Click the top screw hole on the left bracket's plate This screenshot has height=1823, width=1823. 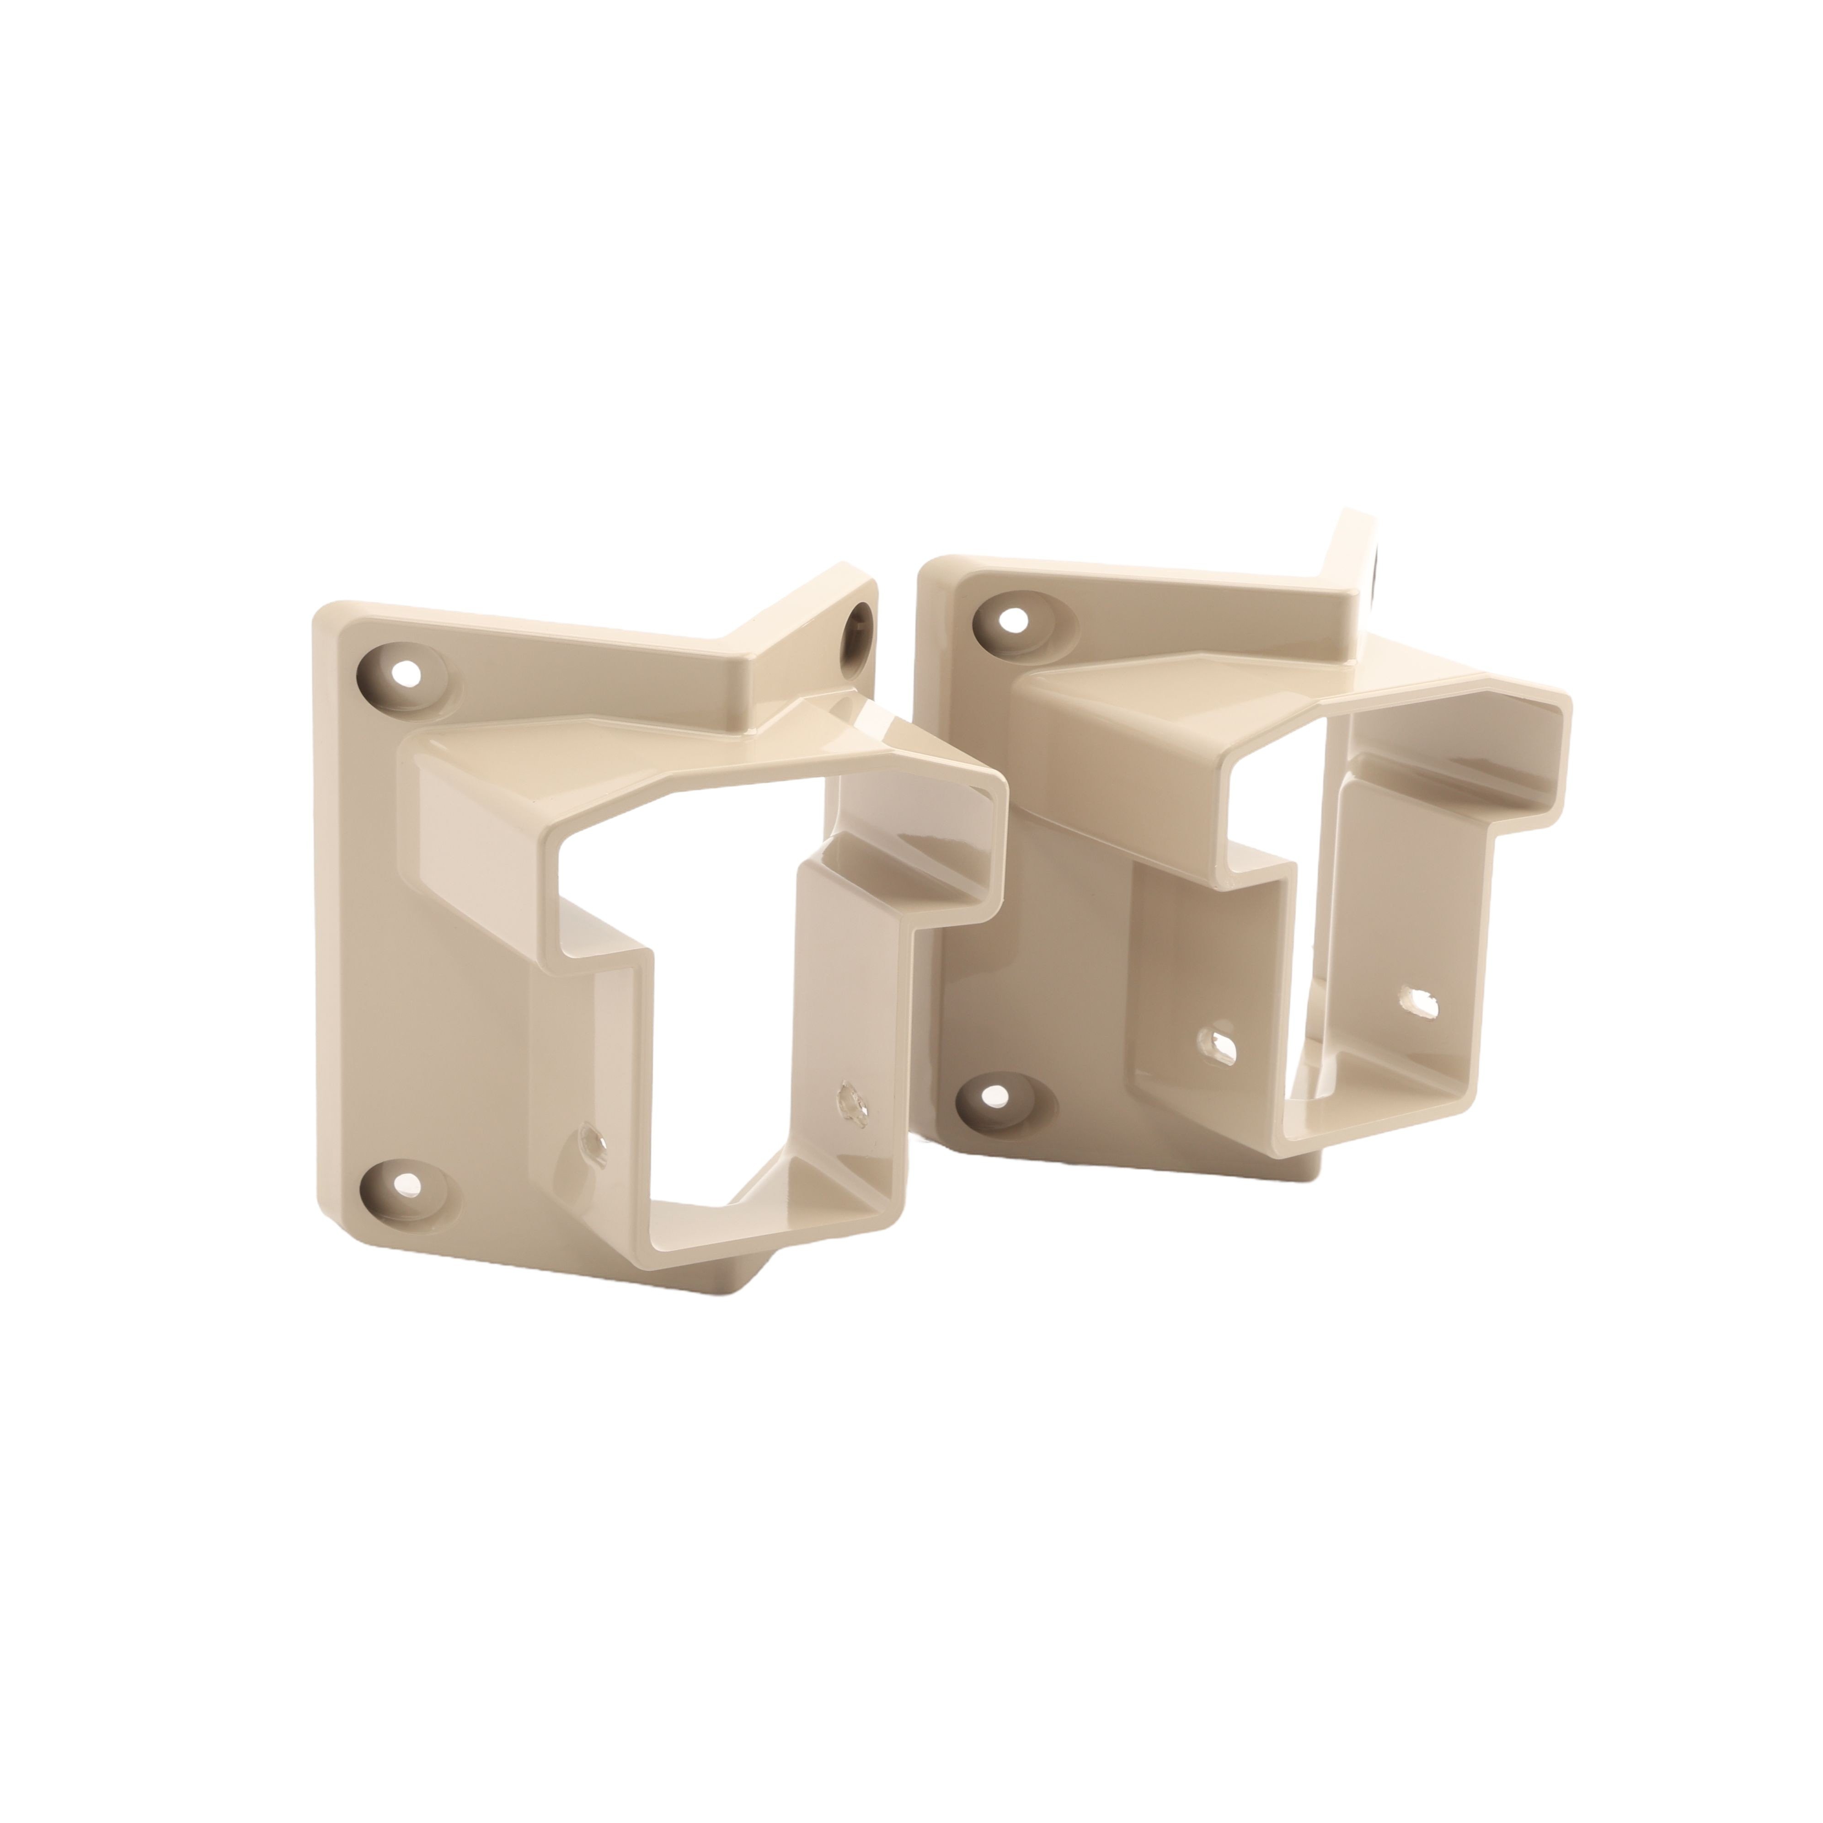coord(409,674)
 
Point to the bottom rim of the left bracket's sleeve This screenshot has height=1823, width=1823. coord(717,1236)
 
